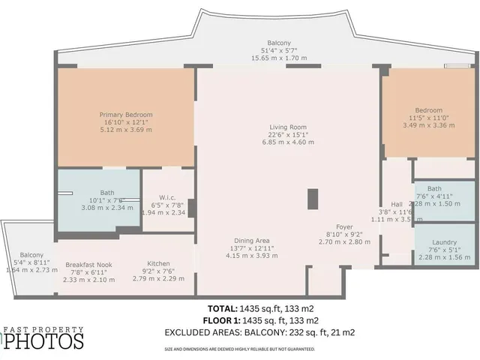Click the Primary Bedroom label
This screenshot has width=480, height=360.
point(125,115)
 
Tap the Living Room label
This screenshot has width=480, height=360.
point(288,127)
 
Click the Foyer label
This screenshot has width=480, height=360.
point(344,226)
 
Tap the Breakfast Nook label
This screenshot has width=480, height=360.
point(89,264)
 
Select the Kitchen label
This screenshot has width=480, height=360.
point(158,264)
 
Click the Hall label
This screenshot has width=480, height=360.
point(397,203)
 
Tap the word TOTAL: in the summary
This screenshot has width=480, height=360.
point(222,308)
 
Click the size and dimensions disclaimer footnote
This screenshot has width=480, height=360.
point(240,349)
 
